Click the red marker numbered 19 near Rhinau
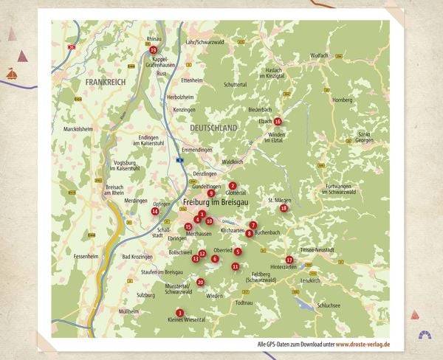[x=153, y=50]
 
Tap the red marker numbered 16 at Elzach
[x=278, y=121]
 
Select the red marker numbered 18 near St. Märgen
[x=284, y=208]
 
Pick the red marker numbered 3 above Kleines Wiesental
[x=179, y=313]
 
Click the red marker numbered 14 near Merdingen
[x=155, y=211]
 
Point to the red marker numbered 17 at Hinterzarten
[x=289, y=260]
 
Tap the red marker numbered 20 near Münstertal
[x=200, y=282]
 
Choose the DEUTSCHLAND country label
[x=213, y=128]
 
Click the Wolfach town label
[x=319, y=55]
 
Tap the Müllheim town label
[x=128, y=311]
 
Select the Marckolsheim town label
[x=78, y=128]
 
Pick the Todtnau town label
[x=244, y=302]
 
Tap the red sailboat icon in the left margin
[x=12, y=73]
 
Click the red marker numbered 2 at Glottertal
[x=233, y=186]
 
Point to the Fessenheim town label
[x=86, y=257]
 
